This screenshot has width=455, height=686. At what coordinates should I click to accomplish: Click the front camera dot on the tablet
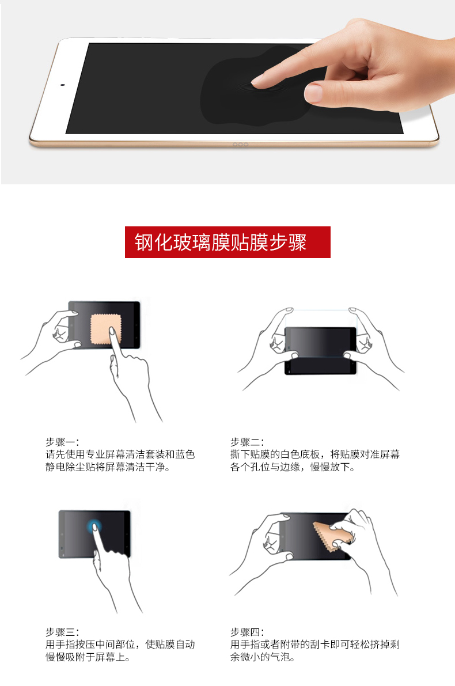(63, 85)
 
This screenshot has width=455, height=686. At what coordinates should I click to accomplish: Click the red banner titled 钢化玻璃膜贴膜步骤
(227, 242)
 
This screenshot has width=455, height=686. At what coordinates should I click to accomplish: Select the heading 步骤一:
(62, 442)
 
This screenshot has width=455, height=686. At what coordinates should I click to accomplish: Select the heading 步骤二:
(247, 442)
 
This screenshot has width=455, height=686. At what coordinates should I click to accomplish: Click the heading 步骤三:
(62, 632)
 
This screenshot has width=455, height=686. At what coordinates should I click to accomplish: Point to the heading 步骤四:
(247, 632)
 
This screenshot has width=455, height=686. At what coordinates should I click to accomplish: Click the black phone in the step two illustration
(321, 350)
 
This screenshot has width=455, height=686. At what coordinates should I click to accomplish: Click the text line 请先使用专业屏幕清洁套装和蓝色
(120, 454)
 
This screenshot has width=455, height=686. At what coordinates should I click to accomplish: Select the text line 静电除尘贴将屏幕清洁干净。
(108, 467)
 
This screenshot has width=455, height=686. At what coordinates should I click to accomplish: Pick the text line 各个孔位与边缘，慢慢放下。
(292, 467)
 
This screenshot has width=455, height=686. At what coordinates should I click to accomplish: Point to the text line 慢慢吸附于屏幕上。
(88, 657)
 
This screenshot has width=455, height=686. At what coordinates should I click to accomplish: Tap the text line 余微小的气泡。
(262, 657)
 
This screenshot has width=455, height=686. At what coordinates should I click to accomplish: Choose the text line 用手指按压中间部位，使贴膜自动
(120, 645)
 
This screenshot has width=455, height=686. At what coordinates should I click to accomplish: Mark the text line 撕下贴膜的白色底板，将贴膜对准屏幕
(315, 454)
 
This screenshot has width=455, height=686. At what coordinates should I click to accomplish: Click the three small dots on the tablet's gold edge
(240, 145)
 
